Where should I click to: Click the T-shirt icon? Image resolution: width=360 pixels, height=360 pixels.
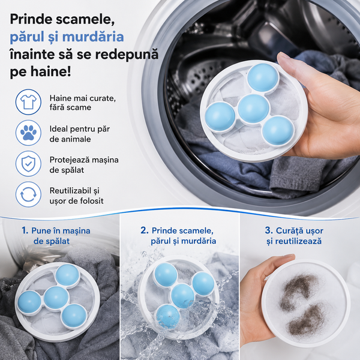pos(28,102)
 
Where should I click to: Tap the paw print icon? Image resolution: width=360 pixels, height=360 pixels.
pos(28,133)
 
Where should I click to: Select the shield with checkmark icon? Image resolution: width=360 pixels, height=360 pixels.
pos(28,163)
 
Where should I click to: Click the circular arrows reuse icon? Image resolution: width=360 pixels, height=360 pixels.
pos(28,194)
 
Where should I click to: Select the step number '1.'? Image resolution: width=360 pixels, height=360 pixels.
pos(25,230)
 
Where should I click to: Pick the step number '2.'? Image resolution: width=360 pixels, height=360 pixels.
pos(145,230)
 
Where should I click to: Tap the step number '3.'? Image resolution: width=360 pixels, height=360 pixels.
pos(269,230)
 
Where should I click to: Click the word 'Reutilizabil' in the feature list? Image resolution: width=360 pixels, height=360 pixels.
pos(71,190)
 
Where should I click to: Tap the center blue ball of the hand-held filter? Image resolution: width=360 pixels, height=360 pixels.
pos(253,109)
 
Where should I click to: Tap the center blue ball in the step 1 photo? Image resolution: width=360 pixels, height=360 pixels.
pos(56,298)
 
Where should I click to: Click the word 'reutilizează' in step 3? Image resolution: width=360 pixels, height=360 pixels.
pos(298,241)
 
